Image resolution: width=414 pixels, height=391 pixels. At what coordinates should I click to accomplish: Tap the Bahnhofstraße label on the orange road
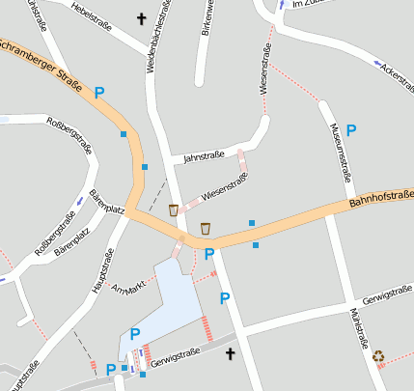coord(380,201)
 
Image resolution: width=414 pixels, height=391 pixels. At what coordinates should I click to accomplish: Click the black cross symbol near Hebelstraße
coord(142,18)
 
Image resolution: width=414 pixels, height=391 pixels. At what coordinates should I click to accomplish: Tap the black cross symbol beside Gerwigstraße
coord(230,355)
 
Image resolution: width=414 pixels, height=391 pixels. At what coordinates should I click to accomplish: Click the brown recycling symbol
coord(378,356)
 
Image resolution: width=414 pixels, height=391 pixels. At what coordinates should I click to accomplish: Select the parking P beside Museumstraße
coord(351,128)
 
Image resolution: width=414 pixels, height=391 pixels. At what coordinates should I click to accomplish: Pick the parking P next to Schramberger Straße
coord(98,93)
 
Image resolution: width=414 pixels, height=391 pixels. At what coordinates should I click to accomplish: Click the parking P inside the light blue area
coord(135,334)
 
